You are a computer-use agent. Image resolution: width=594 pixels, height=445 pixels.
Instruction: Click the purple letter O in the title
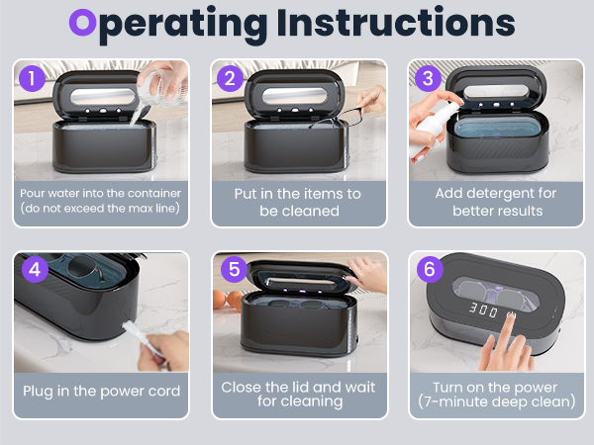[x=82, y=23]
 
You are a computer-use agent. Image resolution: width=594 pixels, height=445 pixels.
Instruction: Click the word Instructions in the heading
[x=396, y=23]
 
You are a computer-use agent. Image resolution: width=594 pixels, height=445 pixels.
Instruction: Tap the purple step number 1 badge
[x=33, y=78]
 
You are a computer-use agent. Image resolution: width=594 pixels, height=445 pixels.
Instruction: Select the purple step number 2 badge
[x=230, y=78]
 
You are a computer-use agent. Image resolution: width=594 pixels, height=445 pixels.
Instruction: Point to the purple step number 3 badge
[x=428, y=78]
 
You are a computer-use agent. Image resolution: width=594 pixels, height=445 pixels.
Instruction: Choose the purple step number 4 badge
[x=35, y=269]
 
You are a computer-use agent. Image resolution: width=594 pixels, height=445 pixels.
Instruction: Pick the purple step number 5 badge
[x=234, y=269]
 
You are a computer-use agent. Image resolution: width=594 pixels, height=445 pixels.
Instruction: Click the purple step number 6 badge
[x=430, y=269]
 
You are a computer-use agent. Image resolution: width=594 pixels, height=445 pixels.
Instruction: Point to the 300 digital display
[x=483, y=310]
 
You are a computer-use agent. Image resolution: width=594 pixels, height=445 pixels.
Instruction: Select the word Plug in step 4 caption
[x=38, y=392]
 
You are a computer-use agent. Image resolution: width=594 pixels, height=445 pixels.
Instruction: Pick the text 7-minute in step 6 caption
[x=455, y=401]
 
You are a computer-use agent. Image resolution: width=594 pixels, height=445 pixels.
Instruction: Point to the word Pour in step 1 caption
[x=32, y=194]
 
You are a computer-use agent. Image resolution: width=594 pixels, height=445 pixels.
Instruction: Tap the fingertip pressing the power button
[x=511, y=316]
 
